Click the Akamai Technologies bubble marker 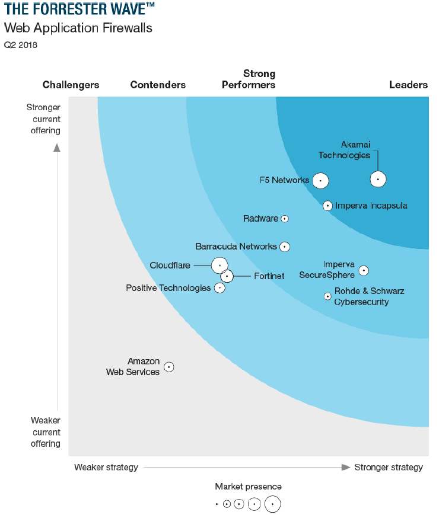[378, 179]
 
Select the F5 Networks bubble [320, 180]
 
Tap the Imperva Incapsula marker [327, 206]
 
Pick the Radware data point [285, 219]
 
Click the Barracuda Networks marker [285, 246]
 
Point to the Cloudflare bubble [220, 265]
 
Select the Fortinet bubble [227, 276]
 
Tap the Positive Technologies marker [220, 288]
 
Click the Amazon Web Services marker [169, 367]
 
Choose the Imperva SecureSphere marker [364, 270]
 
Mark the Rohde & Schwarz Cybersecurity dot [327, 296]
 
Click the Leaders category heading [408, 85]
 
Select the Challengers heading [71, 85]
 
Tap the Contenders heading [158, 85]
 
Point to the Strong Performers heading [249, 79]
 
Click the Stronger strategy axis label [389, 467]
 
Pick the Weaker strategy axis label [106, 467]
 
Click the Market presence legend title [248, 487]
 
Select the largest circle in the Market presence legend [272, 504]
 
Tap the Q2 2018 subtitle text [21, 44]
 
